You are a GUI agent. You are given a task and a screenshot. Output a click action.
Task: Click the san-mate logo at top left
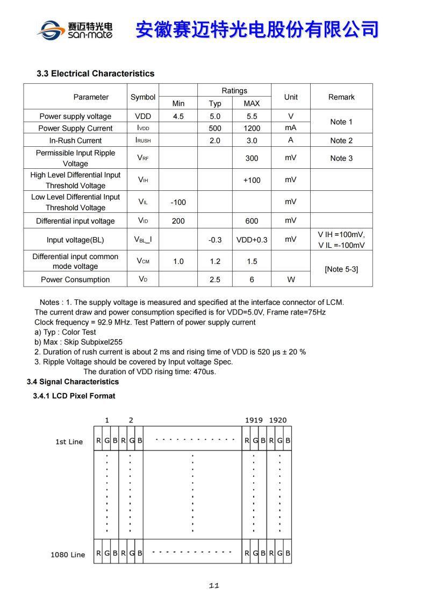tap(75, 29)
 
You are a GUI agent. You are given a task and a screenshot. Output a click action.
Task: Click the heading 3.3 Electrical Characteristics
tap(95, 74)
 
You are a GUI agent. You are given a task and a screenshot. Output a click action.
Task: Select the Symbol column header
tap(143, 97)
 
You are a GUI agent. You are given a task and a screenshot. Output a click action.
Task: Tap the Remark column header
tap(341, 97)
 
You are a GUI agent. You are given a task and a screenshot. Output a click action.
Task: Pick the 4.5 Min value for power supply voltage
tap(178, 116)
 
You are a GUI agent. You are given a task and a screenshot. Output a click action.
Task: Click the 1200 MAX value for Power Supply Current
tap(252, 128)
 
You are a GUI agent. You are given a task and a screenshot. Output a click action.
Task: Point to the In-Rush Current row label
tap(75, 140)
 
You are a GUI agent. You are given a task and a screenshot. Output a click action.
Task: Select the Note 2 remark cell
tap(341, 140)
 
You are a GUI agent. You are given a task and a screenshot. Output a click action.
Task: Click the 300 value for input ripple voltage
tap(252, 158)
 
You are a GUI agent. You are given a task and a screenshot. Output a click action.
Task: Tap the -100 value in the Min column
tap(178, 202)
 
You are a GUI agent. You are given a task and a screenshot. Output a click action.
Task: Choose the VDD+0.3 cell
tap(252, 240)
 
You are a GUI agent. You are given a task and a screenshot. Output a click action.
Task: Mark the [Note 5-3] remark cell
tap(341, 269)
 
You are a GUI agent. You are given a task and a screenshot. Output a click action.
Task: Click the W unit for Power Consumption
tap(290, 280)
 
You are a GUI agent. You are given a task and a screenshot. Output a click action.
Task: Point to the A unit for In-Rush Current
tap(290, 140)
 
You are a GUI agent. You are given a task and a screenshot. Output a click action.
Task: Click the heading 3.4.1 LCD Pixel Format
tap(74, 396)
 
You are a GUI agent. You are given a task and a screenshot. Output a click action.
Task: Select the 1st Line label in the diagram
tap(69, 442)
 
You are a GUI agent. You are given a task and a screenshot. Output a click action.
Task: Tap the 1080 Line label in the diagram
tap(68, 554)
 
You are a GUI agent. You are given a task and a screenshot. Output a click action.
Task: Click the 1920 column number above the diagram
tap(278, 420)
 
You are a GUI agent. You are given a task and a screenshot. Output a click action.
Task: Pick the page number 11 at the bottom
tap(214, 586)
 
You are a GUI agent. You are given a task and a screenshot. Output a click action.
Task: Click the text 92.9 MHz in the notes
tap(117, 322)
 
